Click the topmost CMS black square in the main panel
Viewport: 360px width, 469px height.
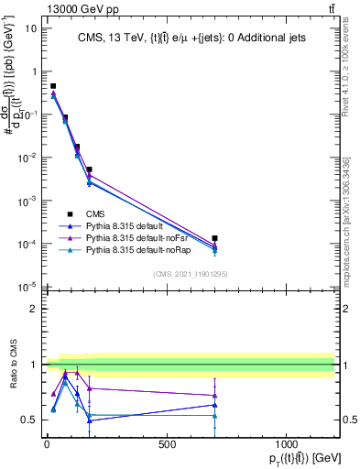53,86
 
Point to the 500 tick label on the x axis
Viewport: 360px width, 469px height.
167,444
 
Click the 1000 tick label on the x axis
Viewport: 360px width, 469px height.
287,444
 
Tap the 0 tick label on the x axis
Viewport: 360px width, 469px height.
47,444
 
